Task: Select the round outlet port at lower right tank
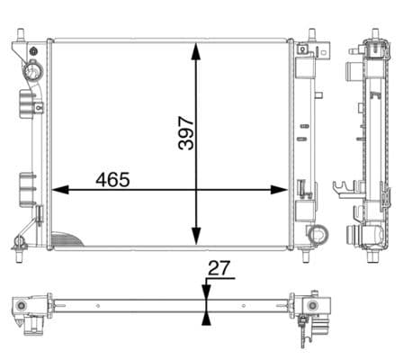pyautogui.click(x=317, y=235)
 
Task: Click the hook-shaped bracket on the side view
pyautogui.click(x=343, y=190)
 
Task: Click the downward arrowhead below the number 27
pyautogui.click(x=207, y=291)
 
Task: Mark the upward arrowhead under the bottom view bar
pyautogui.click(x=207, y=316)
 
